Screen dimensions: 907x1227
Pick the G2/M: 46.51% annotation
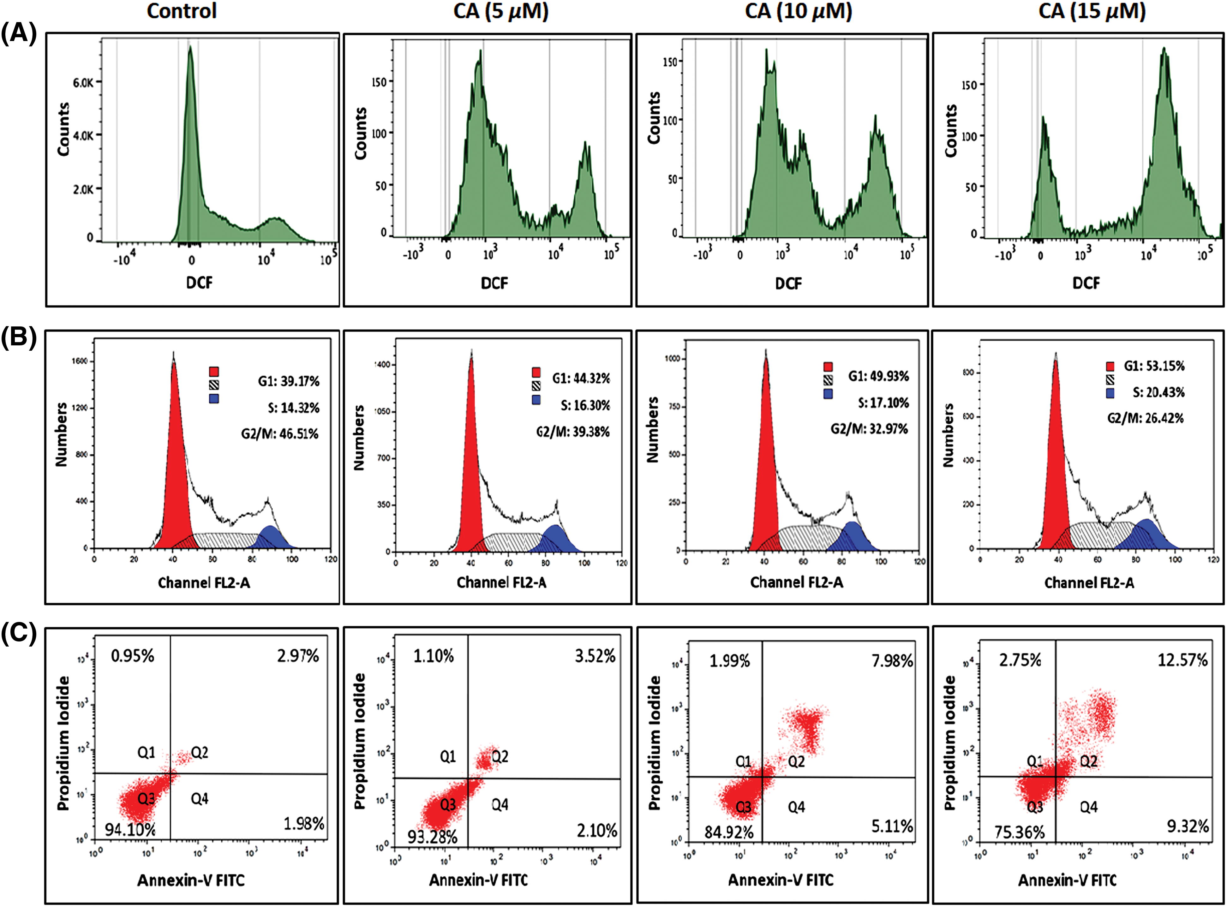tap(280, 434)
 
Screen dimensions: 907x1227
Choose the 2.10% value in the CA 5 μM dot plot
tap(597, 831)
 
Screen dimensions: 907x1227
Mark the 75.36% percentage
tap(1020, 832)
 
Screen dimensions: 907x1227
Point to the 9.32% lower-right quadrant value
tap(1188, 826)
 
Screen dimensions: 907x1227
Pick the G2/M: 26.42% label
tap(1145, 418)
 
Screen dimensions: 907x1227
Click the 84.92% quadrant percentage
tap(729, 832)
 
